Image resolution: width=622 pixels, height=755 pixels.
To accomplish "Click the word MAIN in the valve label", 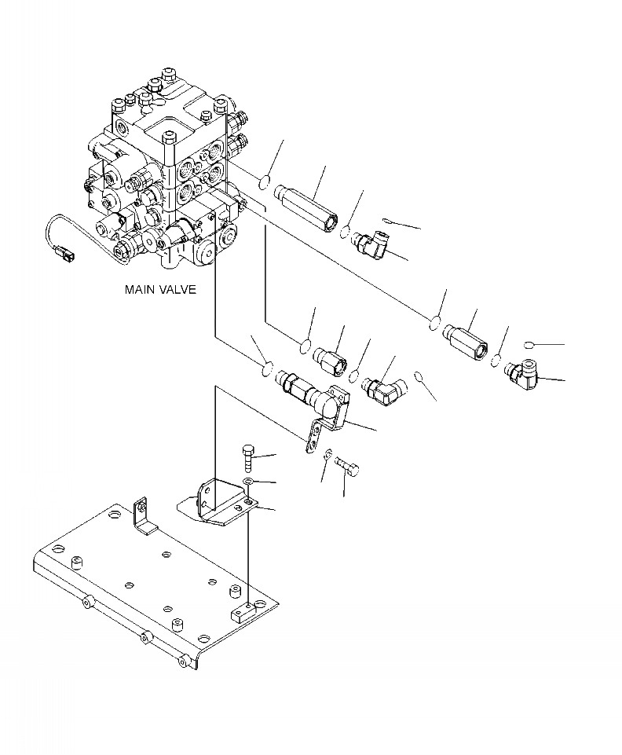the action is [139, 289].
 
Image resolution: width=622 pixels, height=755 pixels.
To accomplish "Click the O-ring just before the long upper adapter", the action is [263, 182].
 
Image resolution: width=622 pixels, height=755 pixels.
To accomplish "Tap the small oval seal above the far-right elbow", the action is [528, 344].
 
